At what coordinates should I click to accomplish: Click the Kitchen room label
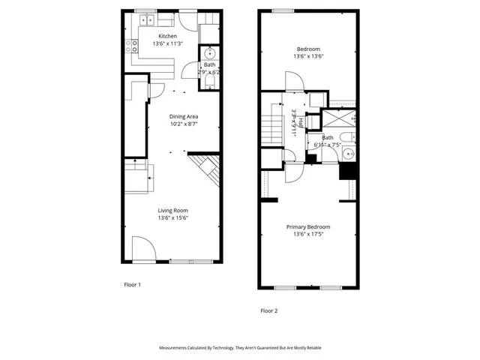[167, 35]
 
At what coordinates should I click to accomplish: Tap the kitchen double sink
[145, 19]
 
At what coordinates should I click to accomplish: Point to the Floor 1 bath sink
[210, 54]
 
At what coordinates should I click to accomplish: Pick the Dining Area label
[183, 116]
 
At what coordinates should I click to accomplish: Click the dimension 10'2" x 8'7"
[183, 124]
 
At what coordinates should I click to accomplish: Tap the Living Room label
[172, 211]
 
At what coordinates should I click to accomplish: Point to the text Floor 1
[132, 285]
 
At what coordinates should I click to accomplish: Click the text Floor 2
[268, 310]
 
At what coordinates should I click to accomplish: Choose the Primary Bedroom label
[307, 226]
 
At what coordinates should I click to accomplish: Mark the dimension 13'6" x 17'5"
[307, 235]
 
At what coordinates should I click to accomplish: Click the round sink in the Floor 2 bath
[347, 154]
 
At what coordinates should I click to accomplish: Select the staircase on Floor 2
[271, 128]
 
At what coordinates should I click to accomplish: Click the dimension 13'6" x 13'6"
[307, 56]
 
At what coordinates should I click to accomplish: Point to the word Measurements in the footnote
[177, 348]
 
